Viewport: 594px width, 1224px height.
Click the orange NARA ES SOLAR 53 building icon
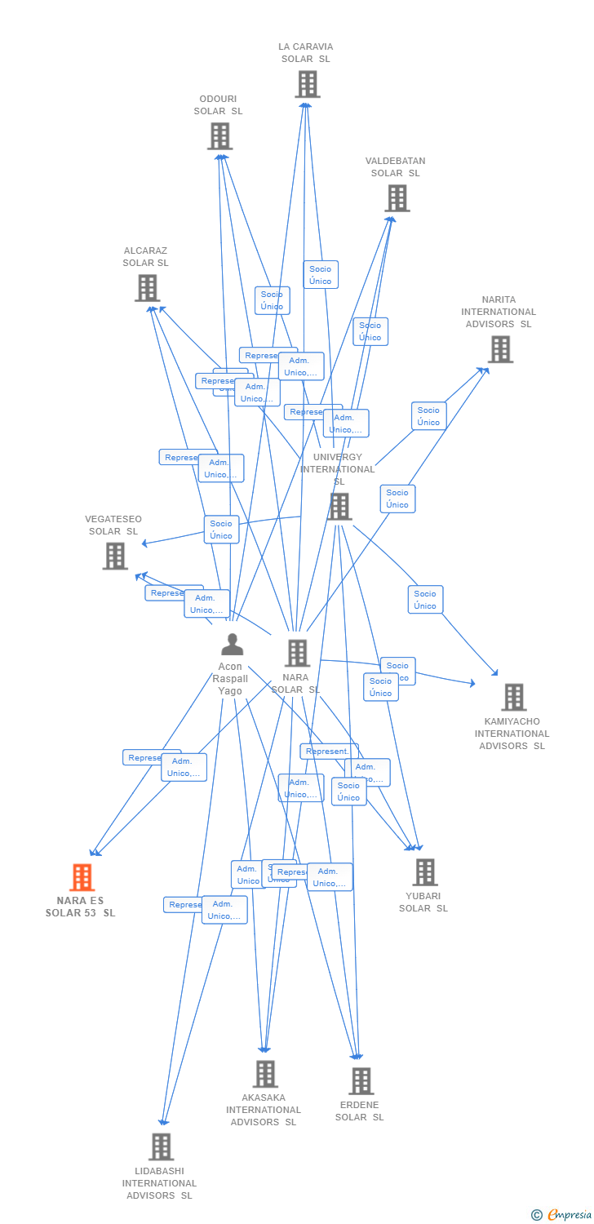[x=82, y=877]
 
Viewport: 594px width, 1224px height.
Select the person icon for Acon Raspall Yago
[x=233, y=645]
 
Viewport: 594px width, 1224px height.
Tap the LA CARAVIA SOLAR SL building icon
[x=307, y=84]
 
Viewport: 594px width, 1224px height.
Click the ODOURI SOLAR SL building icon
[x=219, y=136]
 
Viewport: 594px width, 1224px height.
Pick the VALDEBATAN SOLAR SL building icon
[x=397, y=198]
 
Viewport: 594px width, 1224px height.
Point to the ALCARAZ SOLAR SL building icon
[x=147, y=288]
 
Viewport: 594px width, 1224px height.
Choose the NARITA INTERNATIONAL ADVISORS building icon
[x=499, y=349]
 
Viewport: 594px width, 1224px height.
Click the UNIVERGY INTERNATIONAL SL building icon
[x=339, y=506]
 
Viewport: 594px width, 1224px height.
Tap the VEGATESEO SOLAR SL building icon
[x=115, y=556]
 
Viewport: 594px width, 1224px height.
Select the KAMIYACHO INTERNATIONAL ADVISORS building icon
[x=513, y=698]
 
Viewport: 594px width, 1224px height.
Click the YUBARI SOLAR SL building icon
[x=424, y=872]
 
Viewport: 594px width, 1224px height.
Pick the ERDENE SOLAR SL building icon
[x=361, y=1081]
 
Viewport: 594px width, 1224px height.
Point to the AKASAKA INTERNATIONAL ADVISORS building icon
[x=265, y=1074]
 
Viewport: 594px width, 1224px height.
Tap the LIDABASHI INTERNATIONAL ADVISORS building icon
[x=161, y=1146]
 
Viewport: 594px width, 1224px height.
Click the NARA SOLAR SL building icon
[x=297, y=653]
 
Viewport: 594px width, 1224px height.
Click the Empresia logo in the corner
[x=562, y=1215]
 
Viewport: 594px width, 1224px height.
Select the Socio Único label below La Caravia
[x=321, y=275]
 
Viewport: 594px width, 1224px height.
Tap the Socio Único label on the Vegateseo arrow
[x=221, y=530]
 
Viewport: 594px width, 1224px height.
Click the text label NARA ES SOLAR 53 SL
[x=80, y=907]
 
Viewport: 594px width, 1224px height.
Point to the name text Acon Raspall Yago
[x=230, y=679]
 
